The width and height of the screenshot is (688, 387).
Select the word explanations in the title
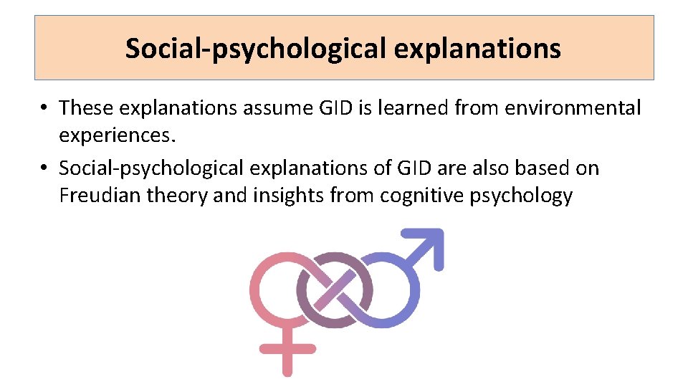coord(477,49)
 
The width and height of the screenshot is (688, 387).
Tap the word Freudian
coord(100,195)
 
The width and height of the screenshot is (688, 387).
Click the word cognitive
coord(423,195)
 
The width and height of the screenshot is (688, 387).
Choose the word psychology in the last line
coord(522,195)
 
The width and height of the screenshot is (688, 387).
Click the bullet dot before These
coord(44,108)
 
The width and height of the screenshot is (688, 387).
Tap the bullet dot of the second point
coord(44,169)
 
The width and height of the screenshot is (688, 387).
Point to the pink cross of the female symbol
coord(287,350)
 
